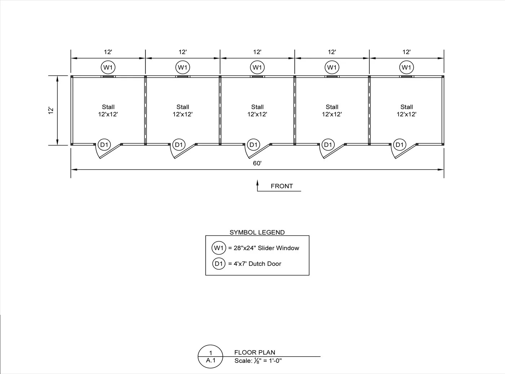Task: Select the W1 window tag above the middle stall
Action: [x=257, y=67]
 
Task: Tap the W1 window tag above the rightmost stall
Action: [x=406, y=67]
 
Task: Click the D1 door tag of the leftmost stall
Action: [x=104, y=145]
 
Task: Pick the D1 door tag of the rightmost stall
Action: [x=400, y=145]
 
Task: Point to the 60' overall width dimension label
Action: [x=257, y=163]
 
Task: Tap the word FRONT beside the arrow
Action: [x=282, y=186]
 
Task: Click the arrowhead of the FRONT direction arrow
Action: [x=257, y=182]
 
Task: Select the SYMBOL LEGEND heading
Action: [x=257, y=232]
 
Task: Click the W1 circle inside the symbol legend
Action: [x=219, y=248]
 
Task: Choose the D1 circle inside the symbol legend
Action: [x=219, y=264]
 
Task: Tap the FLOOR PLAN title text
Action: [x=255, y=352]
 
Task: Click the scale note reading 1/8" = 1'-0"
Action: [x=258, y=360]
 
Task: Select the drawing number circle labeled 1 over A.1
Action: [x=211, y=357]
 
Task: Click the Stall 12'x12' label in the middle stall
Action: [x=257, y=110]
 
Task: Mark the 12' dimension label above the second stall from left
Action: [x=183, y=52]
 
